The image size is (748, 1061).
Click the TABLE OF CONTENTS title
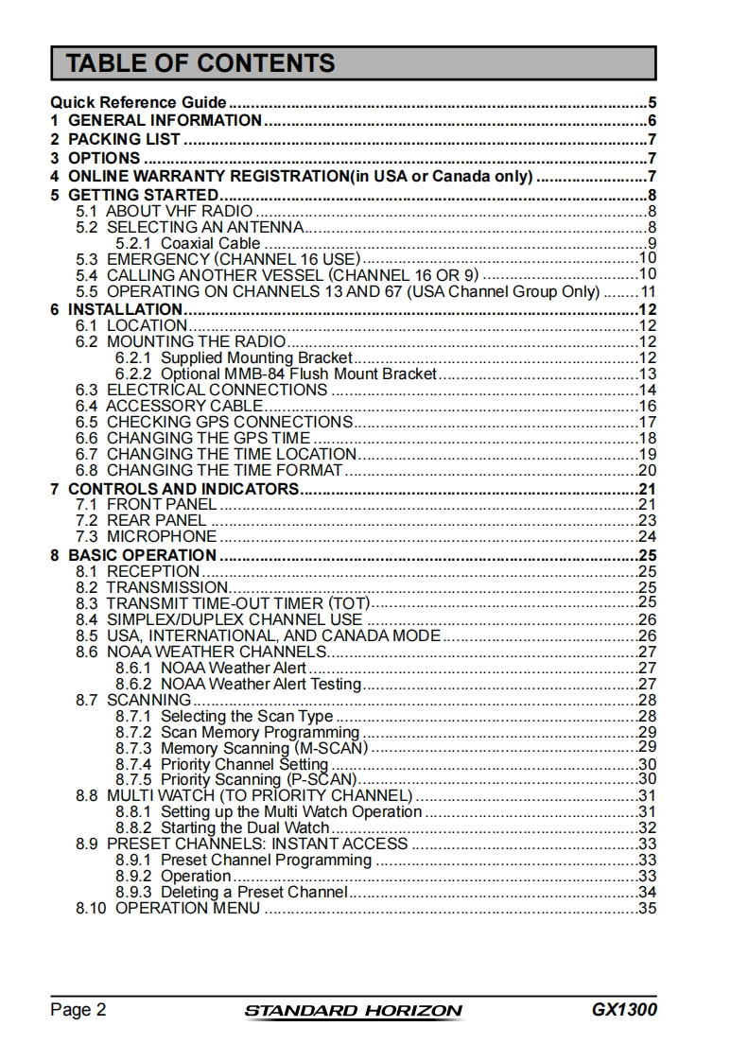tap(200, 63)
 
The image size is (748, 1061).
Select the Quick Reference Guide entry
tap(138, 103)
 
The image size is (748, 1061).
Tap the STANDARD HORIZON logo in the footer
tap(354, 1010)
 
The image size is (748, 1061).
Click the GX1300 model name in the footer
tap(624, 1009)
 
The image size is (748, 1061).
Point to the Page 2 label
tap(78, 1010)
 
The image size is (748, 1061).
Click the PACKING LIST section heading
tap(123, 140)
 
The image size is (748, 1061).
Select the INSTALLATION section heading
tap(124, 309)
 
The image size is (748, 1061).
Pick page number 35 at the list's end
tap(647, 909)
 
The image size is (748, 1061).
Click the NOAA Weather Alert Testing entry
tap(260, 685)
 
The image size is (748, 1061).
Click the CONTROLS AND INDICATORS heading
tap(183, 489)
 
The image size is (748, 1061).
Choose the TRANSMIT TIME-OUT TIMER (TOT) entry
tap(237, 603)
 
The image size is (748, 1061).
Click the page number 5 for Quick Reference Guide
tap(652, 103)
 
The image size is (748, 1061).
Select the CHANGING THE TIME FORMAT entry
tap(224, 470)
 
